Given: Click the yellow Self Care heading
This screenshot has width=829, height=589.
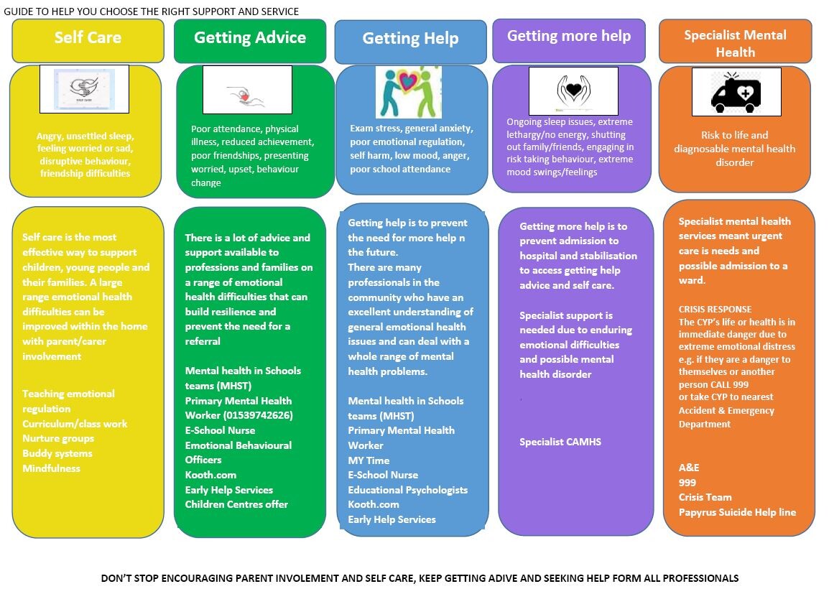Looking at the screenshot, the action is (88, 37).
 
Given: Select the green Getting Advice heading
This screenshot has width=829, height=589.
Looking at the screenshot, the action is (249, 37).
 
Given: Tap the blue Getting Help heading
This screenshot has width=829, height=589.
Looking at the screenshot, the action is (410, 39).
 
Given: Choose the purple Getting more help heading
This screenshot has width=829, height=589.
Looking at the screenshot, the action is (569, 36).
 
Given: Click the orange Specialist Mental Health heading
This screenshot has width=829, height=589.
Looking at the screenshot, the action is (735, 43).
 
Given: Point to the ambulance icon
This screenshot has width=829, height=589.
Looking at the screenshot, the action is (736, 93).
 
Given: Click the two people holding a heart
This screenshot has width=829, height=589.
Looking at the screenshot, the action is (408, 92).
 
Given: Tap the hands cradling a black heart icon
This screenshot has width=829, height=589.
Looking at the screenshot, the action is (573, 91).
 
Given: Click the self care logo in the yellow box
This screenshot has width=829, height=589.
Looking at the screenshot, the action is (85, 89).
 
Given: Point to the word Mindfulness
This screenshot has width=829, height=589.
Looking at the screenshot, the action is (51, 468).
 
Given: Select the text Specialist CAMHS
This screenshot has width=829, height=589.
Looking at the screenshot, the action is (560, 442).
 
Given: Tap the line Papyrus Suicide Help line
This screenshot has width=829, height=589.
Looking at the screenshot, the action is (737, 512).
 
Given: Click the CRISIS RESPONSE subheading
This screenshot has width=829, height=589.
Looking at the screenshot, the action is (715, 310).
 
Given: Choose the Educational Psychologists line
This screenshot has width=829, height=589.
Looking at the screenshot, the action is (407, 490).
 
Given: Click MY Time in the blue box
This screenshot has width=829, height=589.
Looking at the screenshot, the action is (369, 460).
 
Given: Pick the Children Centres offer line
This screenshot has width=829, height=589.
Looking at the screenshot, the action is (236, 504).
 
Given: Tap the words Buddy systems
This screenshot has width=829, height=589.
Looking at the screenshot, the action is (57, 454).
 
